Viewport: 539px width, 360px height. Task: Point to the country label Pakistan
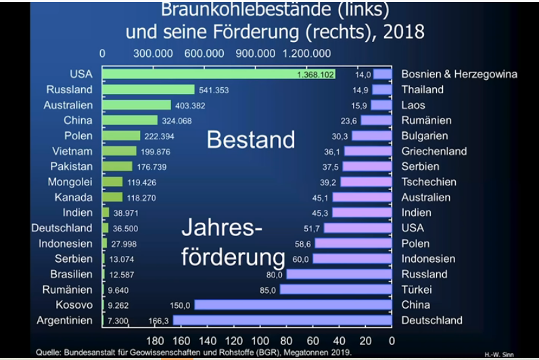71,166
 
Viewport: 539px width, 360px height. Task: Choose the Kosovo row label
74,305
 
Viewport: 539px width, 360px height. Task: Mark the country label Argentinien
64,321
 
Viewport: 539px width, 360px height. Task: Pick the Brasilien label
71,274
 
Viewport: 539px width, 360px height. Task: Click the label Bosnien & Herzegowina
459,74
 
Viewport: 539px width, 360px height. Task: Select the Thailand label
422,89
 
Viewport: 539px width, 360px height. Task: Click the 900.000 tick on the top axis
256,53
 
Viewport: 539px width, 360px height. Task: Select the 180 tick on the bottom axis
155,341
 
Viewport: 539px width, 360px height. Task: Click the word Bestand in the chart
251,139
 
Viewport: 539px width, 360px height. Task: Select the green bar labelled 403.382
137,105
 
